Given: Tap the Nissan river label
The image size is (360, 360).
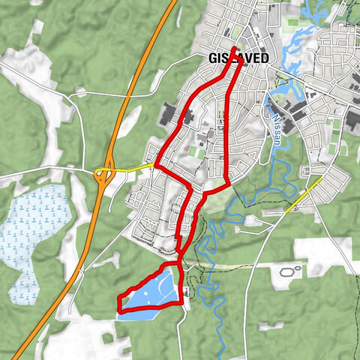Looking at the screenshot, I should [277, 124].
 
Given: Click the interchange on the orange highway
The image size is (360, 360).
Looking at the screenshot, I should [103, 174].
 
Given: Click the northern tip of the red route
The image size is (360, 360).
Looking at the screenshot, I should [235, 49].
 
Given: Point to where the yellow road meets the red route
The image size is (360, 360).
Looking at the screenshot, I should [154, 164].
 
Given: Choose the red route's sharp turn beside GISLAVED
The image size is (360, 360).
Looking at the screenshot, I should [240, 62].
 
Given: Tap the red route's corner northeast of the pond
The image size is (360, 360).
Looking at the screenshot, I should [180, 263].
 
